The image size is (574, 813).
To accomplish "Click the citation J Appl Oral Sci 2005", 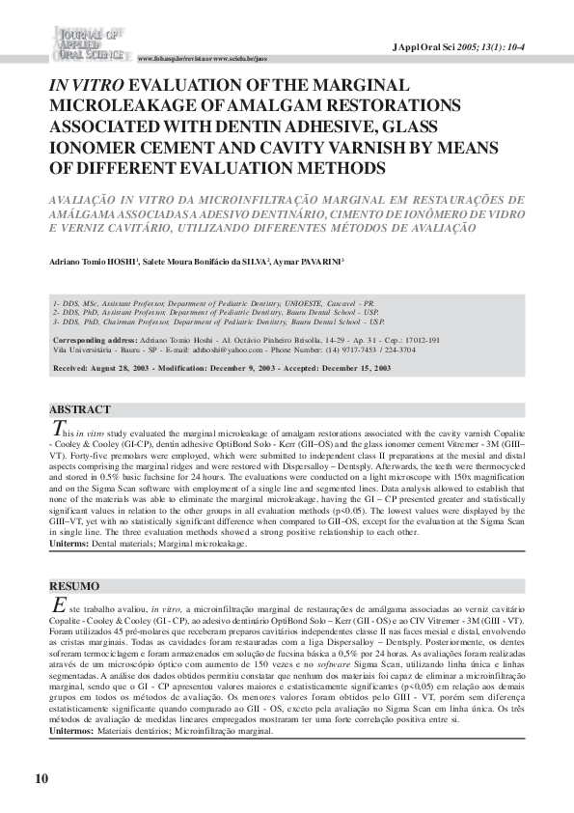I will point(460,46).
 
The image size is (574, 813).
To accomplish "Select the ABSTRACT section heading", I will point(80,410).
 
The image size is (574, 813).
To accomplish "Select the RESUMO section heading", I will point(74,586).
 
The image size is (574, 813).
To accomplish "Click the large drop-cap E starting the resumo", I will point(58,604).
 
